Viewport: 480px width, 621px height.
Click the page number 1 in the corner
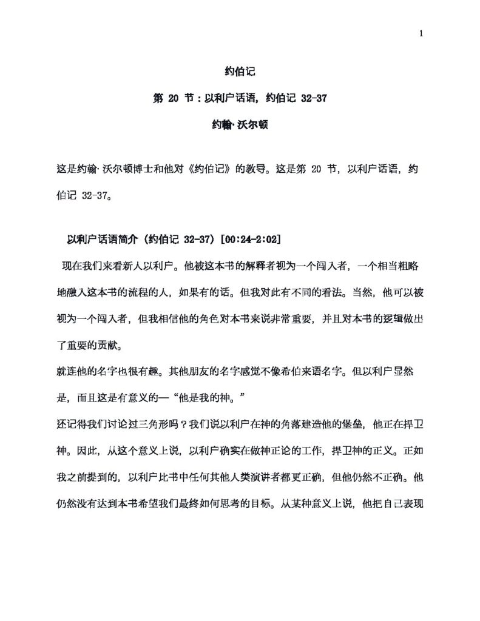point(421,33)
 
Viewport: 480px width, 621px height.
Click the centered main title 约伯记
point(240,72)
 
